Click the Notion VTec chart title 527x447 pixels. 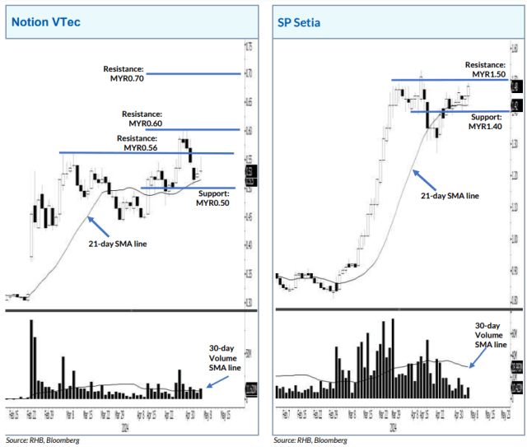(46, 21)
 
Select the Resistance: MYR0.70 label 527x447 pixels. (123, 73)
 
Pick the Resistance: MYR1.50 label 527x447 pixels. (484, 69)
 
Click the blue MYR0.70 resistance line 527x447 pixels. (194, 74)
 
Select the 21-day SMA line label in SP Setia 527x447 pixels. (450, 196)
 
